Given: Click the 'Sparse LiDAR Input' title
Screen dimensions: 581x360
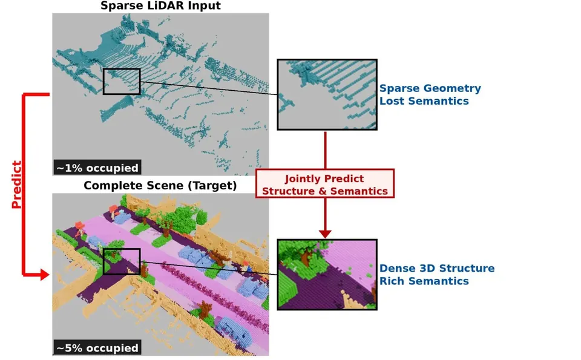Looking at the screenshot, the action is click(160, 5).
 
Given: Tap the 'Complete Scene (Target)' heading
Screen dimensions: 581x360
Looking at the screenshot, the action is click(160, 185).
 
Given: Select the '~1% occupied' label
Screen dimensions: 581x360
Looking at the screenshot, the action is click(97, 168).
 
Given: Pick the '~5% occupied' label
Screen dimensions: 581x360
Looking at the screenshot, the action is click(97, 348).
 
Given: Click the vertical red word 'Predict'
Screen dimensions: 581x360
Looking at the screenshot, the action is click(17, 185).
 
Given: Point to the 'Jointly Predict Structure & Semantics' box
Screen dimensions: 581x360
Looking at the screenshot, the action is click(324, 184).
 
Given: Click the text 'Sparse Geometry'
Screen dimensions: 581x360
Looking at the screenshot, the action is click(430, 88).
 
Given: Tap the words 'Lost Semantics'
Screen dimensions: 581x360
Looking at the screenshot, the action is click(424, 101).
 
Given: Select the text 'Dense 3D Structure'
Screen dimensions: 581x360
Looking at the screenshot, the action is click(437, 268).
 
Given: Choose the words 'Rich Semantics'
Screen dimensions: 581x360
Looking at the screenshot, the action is click(424, 281).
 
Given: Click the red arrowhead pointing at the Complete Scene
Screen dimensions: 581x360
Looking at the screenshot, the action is click(44, 275).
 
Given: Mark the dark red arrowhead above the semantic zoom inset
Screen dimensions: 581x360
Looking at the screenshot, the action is click(325, 234).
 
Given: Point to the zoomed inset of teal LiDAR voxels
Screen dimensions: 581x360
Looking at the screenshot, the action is click(327, 94).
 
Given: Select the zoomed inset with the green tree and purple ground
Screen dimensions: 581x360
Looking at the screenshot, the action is click(327, 275).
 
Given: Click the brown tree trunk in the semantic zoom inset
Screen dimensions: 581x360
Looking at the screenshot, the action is click(306, 257).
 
